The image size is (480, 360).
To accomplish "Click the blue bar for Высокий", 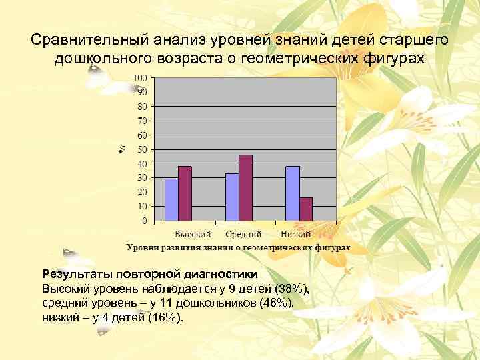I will pyautogui.click(x=171, y=199).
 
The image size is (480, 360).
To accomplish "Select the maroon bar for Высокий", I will pyautogui.click(x=185, y=193).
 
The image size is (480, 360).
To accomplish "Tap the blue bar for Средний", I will pyautogui.click(x=232, y=197).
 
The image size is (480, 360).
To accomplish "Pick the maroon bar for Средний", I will pyautogui.click(x=245, y=187).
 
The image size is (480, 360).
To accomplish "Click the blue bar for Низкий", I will pyautogui.click(x=293, y=193).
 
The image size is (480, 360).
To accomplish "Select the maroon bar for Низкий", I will pyautogui.click(x=306, y=209).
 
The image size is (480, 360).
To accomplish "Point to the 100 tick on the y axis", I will pyautogui.click(x=140, y=78).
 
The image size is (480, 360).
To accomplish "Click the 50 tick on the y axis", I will pyautogui.click(x=142, y=149).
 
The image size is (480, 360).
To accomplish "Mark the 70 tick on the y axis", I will pyautogui.click(x=142, y=121).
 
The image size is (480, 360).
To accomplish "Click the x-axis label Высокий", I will pyautogui.click(x=193, y=234).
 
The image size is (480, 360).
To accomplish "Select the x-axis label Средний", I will pyautogui.click(x=243, y=234).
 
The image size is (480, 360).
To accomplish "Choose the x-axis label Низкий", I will pyautogui.click(x=296, y=234).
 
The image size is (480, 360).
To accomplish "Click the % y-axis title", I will pyautogui.click(x=122, y=148).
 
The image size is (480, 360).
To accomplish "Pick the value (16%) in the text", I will pyautogui.click(x=163, y=317).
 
